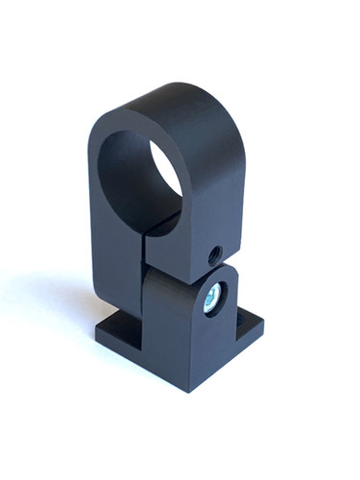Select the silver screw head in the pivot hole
tap(211, 299)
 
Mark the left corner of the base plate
tap(100, 333)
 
